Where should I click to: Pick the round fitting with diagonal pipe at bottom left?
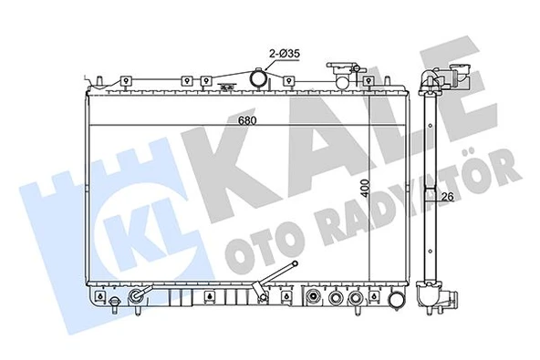click(138, 298)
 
